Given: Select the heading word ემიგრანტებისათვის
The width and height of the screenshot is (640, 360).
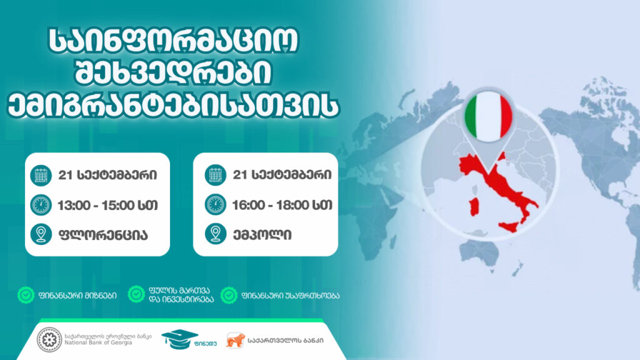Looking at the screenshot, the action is coord(174,106).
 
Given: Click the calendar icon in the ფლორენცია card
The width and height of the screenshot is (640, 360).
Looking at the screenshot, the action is coord(41,176).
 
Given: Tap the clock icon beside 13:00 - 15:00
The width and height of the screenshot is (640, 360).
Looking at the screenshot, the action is coord(41,205).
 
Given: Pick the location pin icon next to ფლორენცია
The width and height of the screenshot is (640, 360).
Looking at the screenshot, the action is coord(41,234).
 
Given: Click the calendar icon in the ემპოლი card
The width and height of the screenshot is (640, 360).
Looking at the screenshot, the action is coord(216,176).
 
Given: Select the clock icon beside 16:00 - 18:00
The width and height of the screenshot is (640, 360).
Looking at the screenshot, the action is coord(216,205).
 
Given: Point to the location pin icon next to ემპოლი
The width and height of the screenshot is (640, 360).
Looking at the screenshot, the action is coord(216,234).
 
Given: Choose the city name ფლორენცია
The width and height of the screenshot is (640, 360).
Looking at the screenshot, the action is coord(103,235).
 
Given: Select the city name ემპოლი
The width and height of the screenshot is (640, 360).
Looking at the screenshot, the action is coord(262,235).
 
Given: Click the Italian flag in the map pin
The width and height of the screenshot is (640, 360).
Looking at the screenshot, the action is coord(489,117).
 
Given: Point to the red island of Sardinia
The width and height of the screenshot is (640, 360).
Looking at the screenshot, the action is coord(474,206).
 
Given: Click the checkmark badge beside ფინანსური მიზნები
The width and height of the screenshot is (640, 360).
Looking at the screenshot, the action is coord(26,295).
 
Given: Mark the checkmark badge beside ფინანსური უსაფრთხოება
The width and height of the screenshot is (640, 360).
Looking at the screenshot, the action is coord(229,295).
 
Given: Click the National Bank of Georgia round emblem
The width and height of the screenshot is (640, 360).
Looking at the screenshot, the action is coord(49,339).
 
